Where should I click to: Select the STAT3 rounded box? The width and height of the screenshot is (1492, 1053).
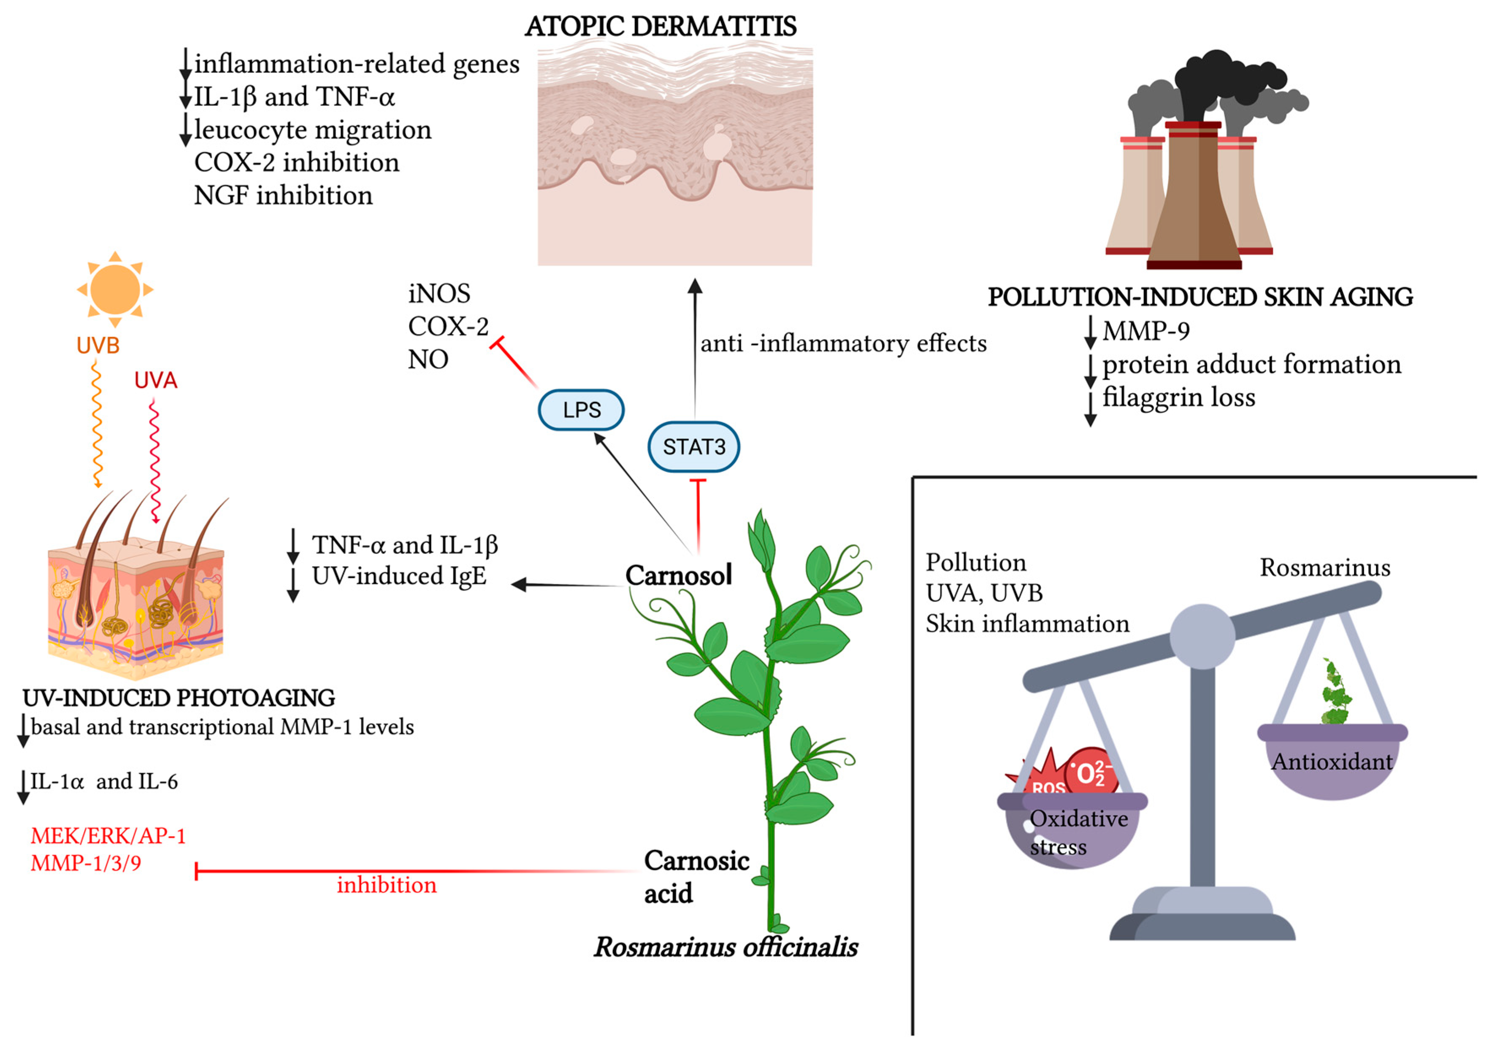(x=693, y=447)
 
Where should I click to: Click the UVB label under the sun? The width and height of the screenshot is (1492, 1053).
(x=98, y=346)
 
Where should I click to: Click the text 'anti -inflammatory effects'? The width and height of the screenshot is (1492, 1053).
(x=843, y=343)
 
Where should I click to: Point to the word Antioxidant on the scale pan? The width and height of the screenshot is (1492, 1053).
(x=1332, y=761)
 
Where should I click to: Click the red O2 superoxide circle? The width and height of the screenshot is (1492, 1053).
(x=1092, y=773)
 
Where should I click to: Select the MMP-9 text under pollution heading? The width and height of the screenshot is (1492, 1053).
(x=1145, y=331)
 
